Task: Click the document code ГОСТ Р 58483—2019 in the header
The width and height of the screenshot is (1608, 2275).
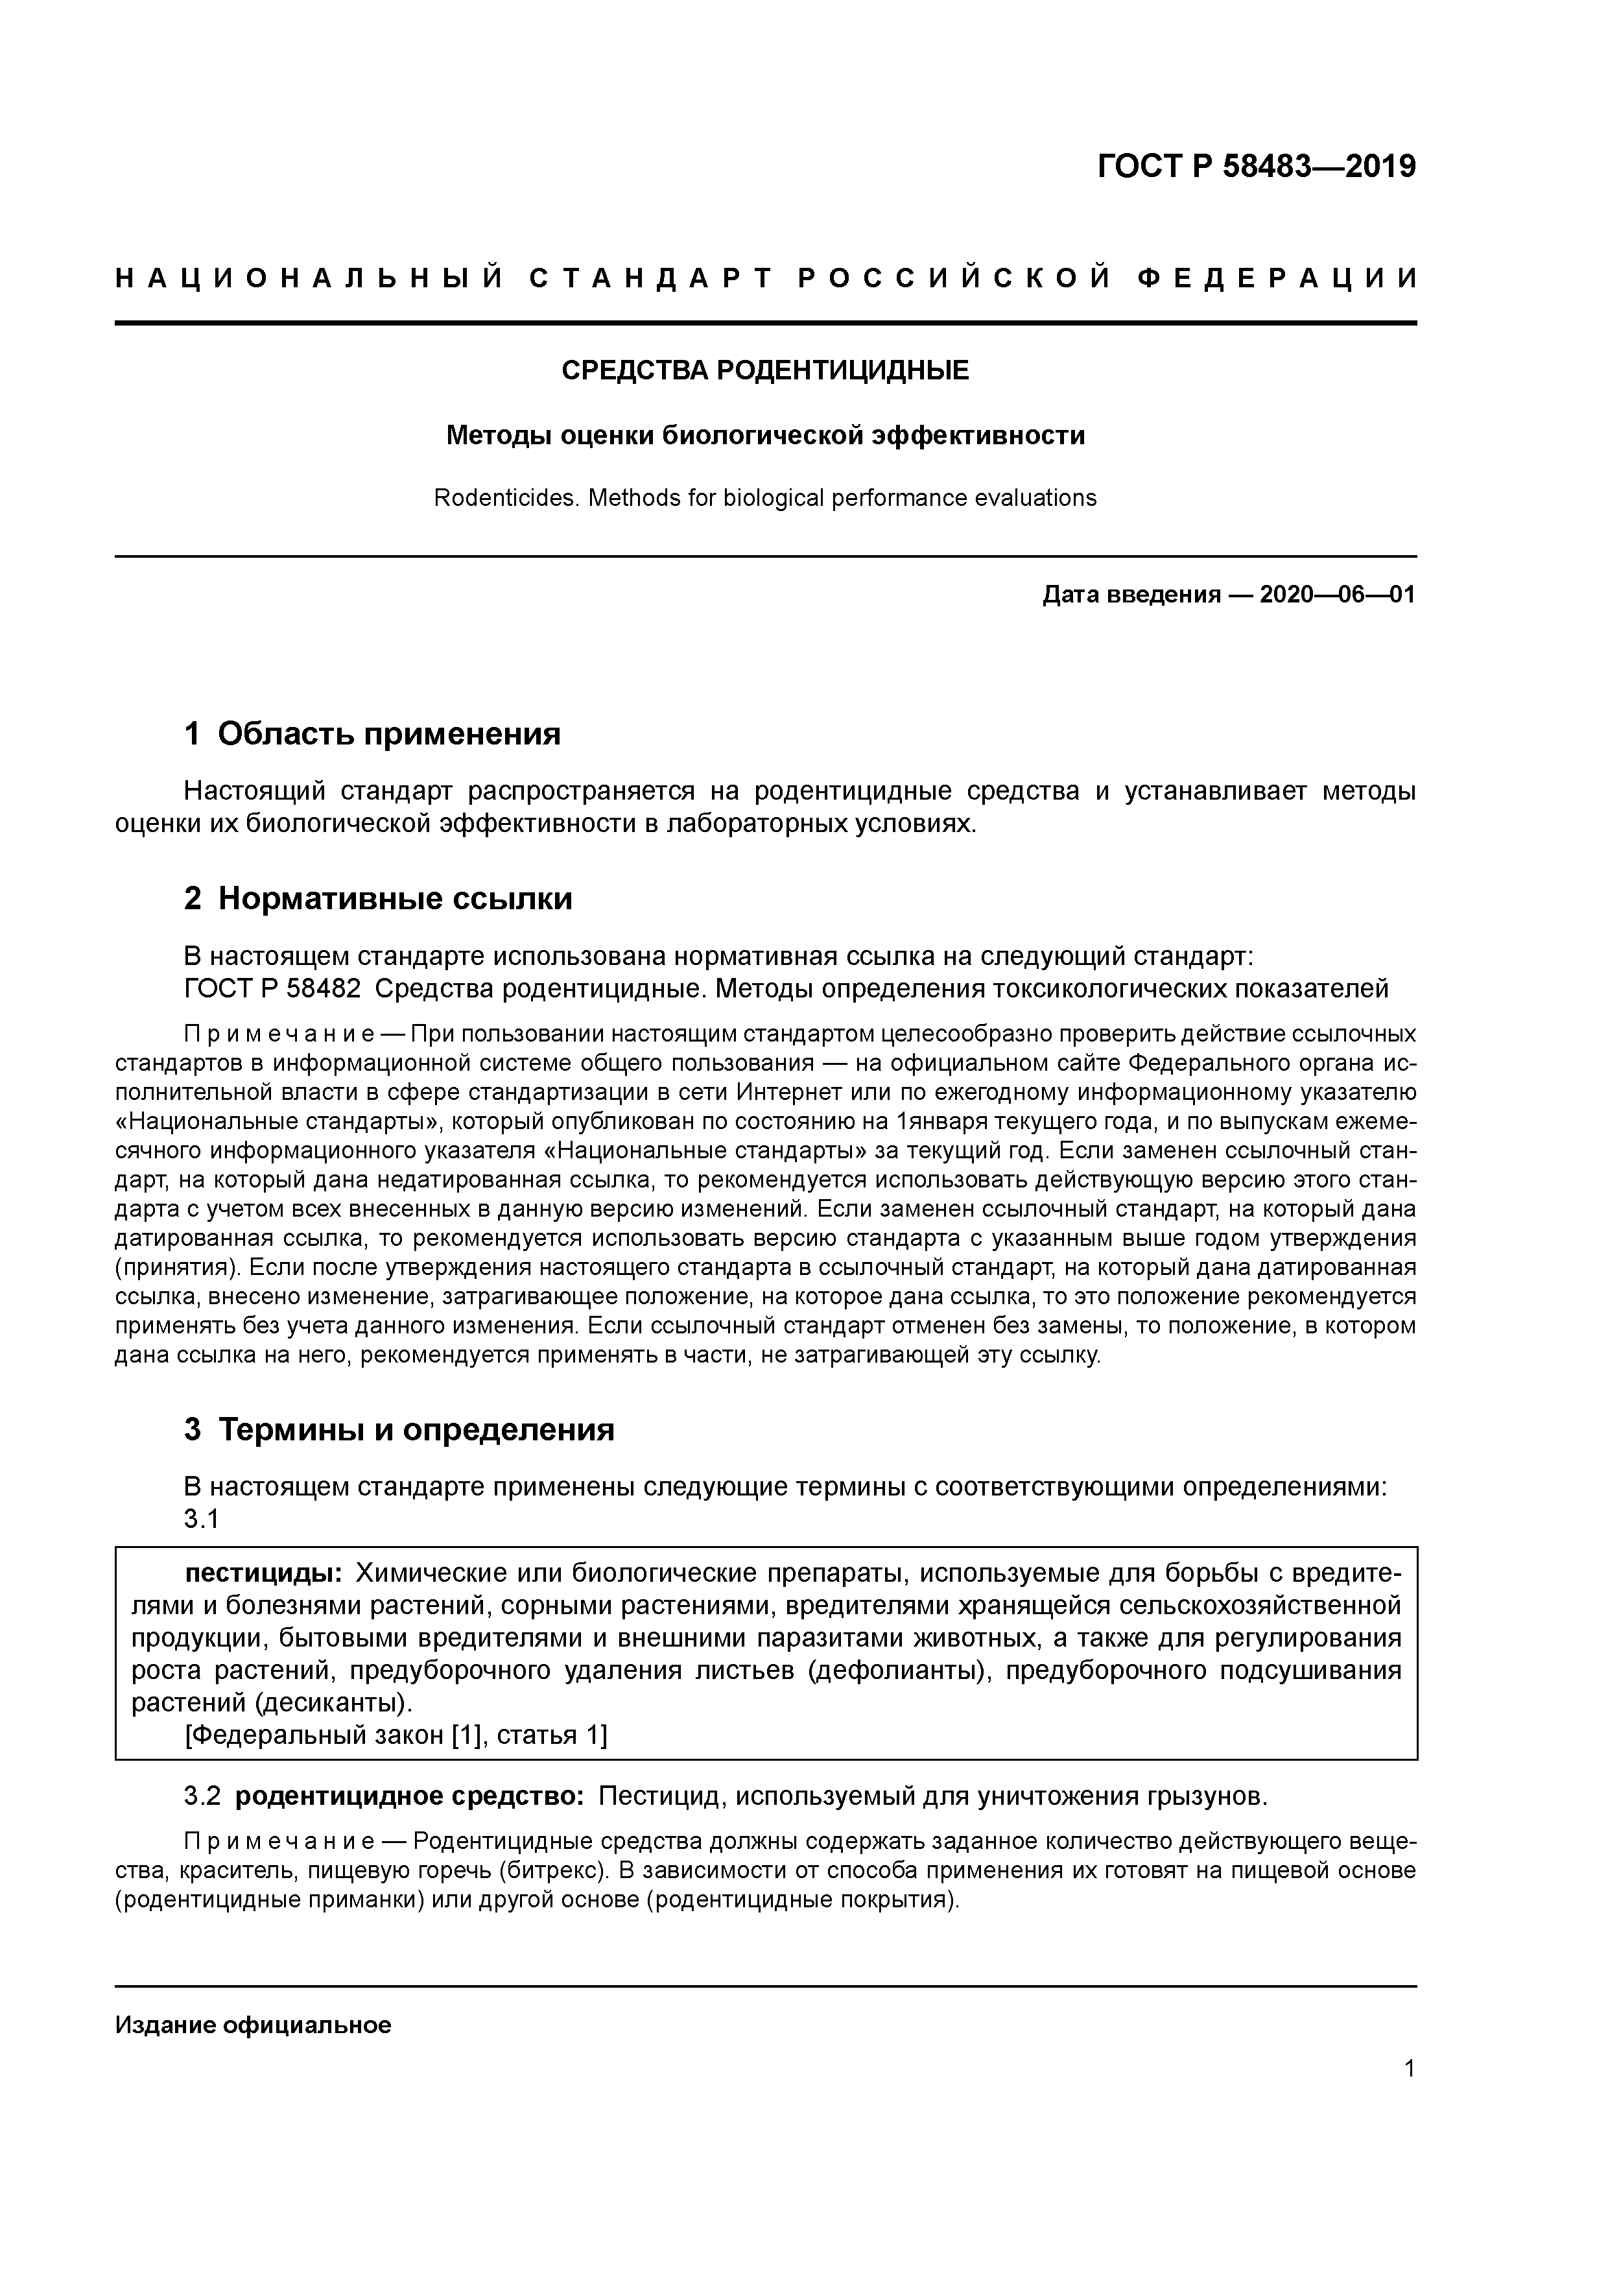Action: (1257, 167)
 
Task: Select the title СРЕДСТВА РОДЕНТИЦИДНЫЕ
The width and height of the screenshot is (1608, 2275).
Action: (765, 370)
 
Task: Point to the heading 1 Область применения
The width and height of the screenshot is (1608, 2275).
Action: (373, 734)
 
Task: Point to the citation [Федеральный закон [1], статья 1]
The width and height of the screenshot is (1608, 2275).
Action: (396, 1734)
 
